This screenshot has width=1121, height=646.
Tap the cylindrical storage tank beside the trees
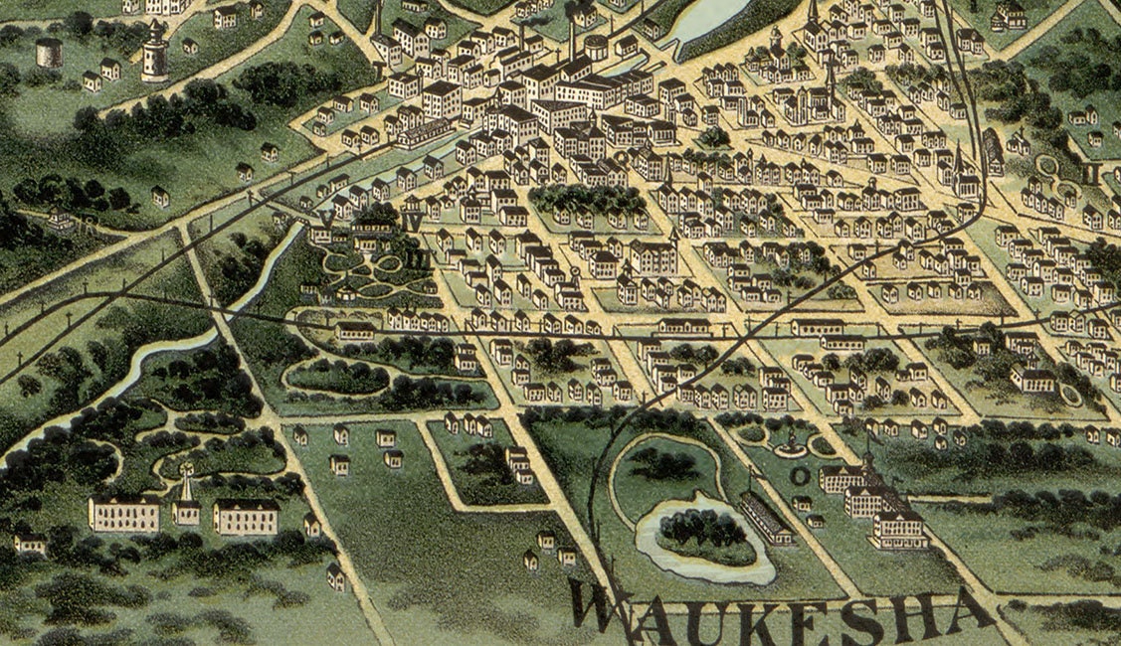click(49, 52)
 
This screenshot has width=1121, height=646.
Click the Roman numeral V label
click(326, 218)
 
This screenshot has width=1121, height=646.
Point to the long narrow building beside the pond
click(766, 518)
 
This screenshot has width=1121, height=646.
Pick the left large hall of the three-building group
click(123, 514)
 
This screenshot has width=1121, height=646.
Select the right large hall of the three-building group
click(246, 517)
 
